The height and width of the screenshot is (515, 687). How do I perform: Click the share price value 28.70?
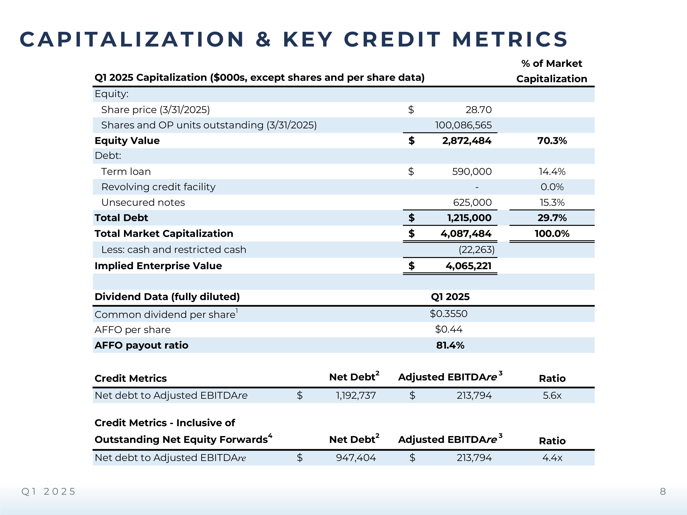[478, 110]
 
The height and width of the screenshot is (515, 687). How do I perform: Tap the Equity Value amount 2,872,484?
[466, 141]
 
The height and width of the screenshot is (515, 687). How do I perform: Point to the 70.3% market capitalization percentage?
[552, 141]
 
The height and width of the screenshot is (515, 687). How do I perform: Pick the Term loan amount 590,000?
[472, 171]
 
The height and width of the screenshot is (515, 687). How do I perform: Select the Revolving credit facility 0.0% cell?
[552, 187]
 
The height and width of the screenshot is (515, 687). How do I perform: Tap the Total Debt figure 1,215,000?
[469, 218]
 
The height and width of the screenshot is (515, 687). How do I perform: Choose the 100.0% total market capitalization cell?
[552, 233]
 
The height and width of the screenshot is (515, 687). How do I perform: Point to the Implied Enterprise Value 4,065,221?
[468, 266]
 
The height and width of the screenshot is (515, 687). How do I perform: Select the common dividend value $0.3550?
[448, 314]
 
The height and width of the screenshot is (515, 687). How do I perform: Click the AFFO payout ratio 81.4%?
[450, 345]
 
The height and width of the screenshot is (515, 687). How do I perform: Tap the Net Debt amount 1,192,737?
[356, 395]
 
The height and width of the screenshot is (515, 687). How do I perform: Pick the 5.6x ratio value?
[552, 395]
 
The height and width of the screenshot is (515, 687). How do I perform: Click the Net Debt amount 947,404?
[356, 458]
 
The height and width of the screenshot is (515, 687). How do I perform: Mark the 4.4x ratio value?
[552, 458]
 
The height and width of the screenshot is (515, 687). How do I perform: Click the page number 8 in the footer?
[663, 491]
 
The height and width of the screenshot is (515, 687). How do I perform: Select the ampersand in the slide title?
[263, 39]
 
